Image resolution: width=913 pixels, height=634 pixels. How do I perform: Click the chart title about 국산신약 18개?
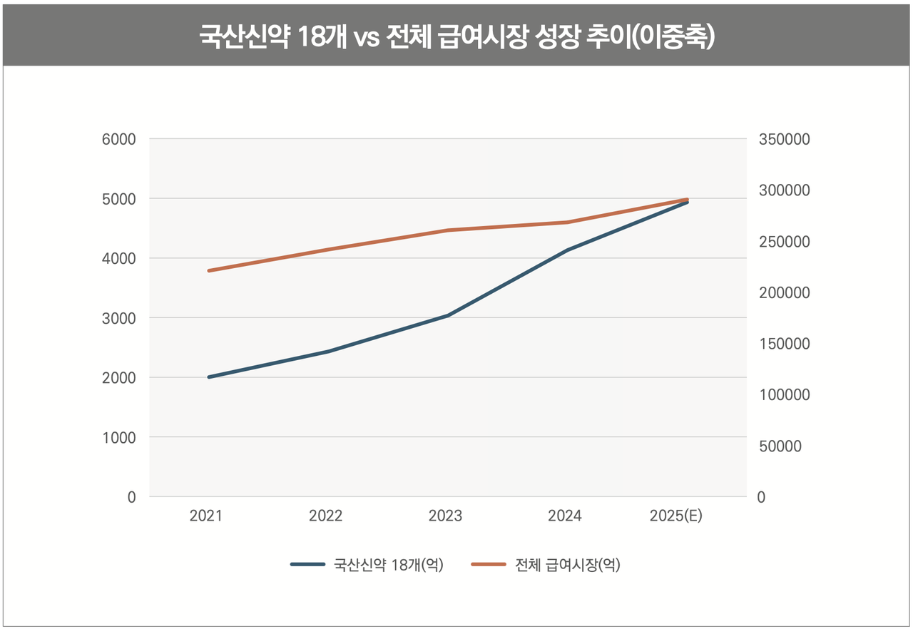click(x=456, y=37)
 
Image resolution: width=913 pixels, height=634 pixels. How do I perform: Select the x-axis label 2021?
click(x=206, y=516)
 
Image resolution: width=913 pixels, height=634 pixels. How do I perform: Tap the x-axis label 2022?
click(x=326, y=516)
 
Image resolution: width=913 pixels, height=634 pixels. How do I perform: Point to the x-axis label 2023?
click(x=446, y=516)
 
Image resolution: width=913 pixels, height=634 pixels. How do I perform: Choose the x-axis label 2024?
click(x=565, y=516)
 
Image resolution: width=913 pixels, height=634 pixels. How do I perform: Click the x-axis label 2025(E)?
click(x=676, y=516)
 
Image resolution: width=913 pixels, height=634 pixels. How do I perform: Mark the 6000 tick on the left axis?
click(x=118, y=140)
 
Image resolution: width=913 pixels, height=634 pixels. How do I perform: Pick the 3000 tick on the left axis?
click(x=118, y=318)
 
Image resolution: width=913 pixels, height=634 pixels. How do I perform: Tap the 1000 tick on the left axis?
click(x=118, y=437)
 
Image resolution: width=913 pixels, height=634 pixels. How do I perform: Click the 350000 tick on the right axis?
click(x=783, y=140)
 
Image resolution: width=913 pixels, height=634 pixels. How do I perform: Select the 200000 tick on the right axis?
click(x=783, y=293)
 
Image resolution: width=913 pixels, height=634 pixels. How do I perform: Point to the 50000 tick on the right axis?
click(x=780, y=446)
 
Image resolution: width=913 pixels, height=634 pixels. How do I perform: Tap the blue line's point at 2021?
click(x=209, y=377)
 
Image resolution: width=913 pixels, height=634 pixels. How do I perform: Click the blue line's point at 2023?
click(x=448, y=315)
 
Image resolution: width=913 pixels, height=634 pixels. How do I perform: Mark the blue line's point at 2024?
click(x=568, y=250)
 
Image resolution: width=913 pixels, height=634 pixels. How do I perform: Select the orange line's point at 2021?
click(x=209, y=271)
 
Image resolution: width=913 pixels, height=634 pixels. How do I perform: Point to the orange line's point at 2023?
click(x=448, y=230)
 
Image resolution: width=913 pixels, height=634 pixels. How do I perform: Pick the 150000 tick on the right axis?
click(x=783, y=344)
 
